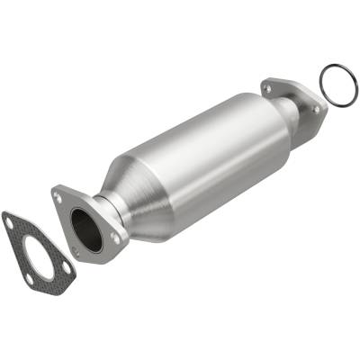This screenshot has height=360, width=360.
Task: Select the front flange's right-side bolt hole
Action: pos(114,237)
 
